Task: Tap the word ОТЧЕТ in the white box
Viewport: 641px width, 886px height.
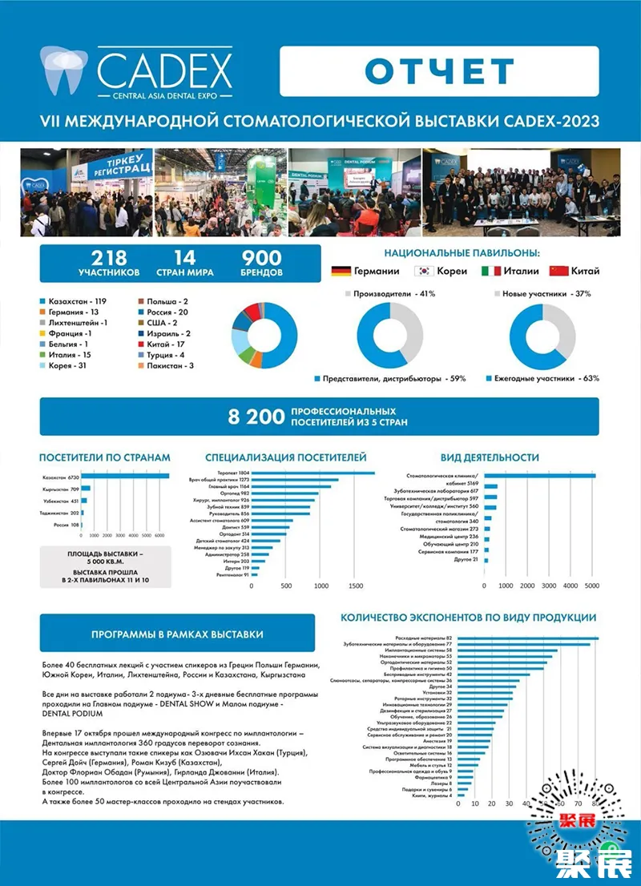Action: tap(438, 70)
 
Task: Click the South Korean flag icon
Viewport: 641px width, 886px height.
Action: tap(425, 271)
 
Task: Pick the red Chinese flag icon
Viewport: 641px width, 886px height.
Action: tap(558, 271)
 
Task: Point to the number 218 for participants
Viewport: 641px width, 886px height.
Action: tap(109, 258)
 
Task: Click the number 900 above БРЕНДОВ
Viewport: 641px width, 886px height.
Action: tap(262, 258)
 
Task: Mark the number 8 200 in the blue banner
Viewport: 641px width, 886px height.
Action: tap(255, 416)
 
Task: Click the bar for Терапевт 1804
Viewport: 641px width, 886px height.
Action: tap(313, 473)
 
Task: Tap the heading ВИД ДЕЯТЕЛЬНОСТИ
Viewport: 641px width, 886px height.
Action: tap(490, 457)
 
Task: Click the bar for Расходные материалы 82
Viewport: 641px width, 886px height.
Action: tap(528, 638)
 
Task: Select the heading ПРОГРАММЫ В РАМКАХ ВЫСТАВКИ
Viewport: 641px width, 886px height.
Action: tap(177, 634)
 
